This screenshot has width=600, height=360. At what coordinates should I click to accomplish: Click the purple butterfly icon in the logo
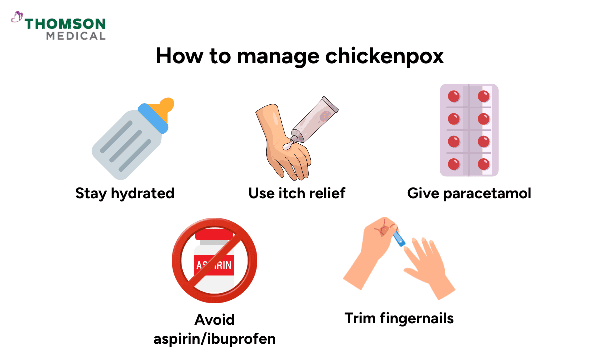(x=17, y=18)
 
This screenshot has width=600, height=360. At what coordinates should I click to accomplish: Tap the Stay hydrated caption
(x=125, y=193)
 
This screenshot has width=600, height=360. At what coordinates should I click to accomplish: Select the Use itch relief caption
(x=297, y=193)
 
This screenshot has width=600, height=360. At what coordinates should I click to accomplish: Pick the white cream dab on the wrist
(x=287, y=146)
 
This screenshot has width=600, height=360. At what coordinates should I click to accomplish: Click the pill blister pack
(x=469, y=130)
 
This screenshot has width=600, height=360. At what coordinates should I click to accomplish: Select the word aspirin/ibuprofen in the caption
(x=214, y=338)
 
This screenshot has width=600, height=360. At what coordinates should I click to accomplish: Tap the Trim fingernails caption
(x=399, y=318)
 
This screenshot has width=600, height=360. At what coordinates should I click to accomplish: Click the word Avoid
(x=214, y=319)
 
